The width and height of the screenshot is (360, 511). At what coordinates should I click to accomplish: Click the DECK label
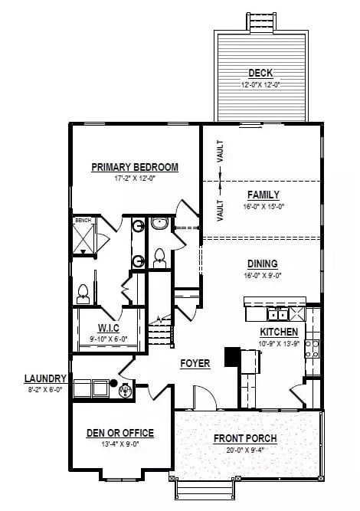point(260,73)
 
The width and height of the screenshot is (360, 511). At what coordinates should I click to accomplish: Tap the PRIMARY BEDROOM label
point(135,167)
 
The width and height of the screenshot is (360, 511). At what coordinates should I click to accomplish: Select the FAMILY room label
point(263,195)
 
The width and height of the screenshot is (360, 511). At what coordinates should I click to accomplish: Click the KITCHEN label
point(279,332)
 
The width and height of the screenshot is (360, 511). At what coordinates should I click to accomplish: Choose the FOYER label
point(195,363)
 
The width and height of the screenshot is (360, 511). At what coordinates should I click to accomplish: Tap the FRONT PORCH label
point(245,438)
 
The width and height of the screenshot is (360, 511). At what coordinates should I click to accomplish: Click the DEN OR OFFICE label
point(119,433)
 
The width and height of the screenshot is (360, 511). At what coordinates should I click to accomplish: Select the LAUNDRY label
point(46,378)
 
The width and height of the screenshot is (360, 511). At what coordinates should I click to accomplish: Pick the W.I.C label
point(108,329)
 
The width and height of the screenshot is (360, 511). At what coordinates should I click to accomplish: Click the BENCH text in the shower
point(83,221)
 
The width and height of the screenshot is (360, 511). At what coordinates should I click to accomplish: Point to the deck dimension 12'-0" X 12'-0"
point(260,84)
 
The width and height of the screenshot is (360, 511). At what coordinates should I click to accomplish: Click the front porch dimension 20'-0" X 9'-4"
point(245,450)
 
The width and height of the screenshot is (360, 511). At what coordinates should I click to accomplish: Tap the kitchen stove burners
point(312,349)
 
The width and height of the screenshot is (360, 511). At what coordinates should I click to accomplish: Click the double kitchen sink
point(277,313)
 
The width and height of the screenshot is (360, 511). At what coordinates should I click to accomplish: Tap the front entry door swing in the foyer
point(201,396)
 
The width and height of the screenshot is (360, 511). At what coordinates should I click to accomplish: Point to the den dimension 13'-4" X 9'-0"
point(119,444)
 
